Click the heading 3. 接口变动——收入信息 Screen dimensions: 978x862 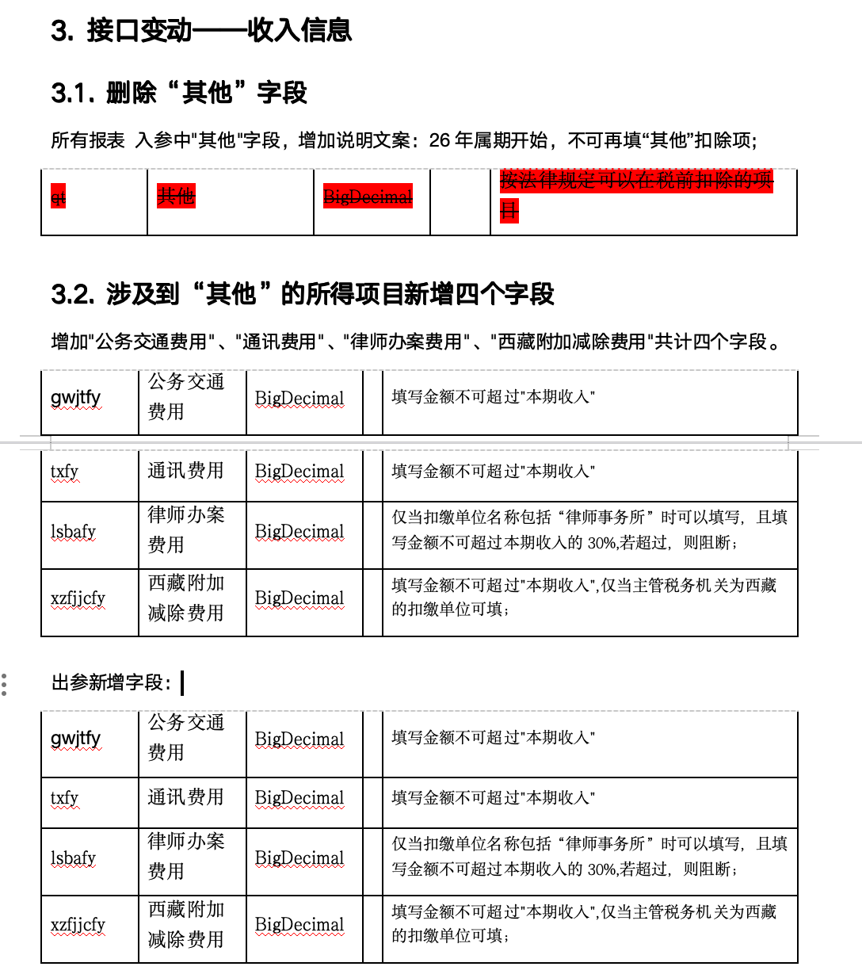[201, 30]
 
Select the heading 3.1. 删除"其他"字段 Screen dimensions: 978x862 [179, 93]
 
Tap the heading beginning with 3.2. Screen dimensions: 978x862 [303, 294]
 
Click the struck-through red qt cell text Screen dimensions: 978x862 [58, 197]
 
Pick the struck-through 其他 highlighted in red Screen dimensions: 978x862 [176, 196]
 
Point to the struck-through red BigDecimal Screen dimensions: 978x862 [368, 197]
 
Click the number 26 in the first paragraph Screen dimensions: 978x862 [440, 140]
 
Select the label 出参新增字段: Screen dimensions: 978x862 [112, 682]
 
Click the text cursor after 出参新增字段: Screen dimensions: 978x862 [182, 682]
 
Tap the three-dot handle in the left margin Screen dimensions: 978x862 [5, 685]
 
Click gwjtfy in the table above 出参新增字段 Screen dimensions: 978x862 [76, 397]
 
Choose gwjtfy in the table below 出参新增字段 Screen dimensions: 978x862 [76, 738]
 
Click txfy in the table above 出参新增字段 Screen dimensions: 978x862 [64, 472]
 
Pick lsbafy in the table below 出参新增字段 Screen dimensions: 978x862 [73, 858]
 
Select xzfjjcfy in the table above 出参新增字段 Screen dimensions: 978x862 [78, 598]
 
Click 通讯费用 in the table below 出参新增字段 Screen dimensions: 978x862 [185, 797]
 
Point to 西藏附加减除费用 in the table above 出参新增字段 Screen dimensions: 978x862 [185, 598]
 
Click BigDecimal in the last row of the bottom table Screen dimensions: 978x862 [299, 925]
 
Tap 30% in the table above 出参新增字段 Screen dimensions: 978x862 [601, 543]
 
